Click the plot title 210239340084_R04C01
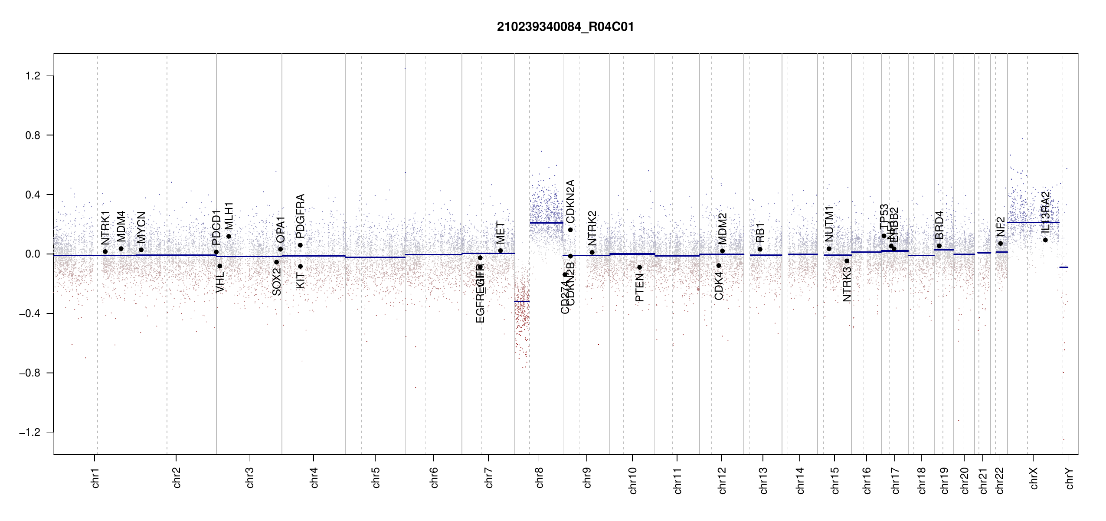click(565, 27)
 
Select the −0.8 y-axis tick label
click(29, 373)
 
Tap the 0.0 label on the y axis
click(33, 254)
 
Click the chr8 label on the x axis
click(539, 478)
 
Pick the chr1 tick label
click(95, 478)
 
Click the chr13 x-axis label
click(763, 480)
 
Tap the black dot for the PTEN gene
click(639, 267)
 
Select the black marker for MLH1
click(229, 237)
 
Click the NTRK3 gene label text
click(847, 284)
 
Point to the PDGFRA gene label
click(300, 216)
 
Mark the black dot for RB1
click(760, 249)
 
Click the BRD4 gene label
click(939, 225)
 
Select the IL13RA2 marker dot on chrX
click(1045, 240)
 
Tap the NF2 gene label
click(1000, 227)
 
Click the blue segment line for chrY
click(1063, 267)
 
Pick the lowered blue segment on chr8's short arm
click(522, 301)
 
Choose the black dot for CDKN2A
click(570, 230)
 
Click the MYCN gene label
click(141, 227)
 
